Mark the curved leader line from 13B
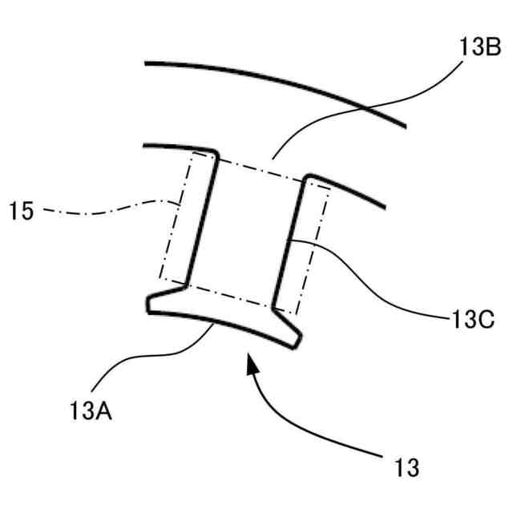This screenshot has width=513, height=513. [361, 112]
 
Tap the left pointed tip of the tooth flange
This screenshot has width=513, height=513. [149, 305]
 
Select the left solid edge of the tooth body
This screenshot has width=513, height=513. [202, 216]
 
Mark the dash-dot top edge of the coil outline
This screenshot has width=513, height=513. [261, 168]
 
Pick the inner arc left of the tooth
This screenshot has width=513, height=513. [172, 147]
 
